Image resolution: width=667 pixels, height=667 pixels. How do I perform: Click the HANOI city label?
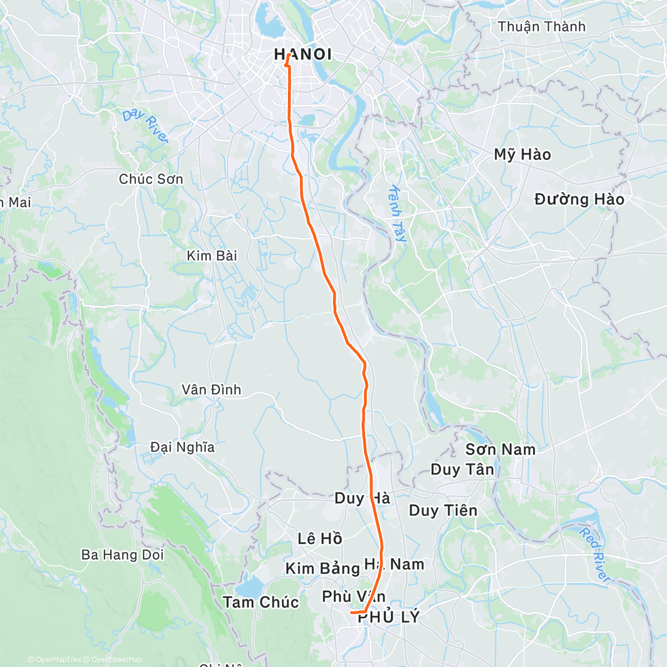pyautogui.click(x=303, y=54)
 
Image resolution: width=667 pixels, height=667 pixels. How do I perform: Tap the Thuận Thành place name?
pyautogui.click(x=541, y=27)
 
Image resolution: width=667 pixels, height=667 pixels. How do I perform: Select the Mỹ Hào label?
pyautogui.click(x=522, y=155)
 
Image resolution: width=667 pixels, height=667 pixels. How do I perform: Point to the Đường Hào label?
pyautogui.click(x=579, y=200)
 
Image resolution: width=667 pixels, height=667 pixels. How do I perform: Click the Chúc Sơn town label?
pyautogui.click(x=151, y=179)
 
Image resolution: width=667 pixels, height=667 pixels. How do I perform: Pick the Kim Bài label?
pyautogui.click(x=212, y=256)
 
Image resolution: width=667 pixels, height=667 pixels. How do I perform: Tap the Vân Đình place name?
pyautogui.click(x=211, y=390)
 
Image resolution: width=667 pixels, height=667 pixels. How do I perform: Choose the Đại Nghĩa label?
pyautogui.click(x=182, y=447)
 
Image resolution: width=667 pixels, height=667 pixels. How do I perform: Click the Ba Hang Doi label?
pyautogui.click(x=122, y=555)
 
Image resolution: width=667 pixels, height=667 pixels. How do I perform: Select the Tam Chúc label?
pyautogui.click(x=261, y=602)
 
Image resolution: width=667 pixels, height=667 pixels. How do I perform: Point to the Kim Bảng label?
pyautogui.click(x=322, y=568)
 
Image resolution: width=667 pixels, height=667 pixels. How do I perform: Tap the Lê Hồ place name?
pyautogui.click(x=320, y=539)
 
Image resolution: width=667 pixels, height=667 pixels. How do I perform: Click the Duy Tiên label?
pyautogui.click(x=443, y=510)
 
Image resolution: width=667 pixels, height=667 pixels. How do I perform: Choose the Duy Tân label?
pyautogui.click(x=462, y=470)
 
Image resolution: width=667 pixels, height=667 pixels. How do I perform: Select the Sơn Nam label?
pyautogui.click(x=500, y=449)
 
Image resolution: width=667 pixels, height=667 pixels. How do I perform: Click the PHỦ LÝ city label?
pyautogui.click(x=389, y=617)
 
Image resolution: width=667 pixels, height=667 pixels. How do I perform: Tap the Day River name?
pyautogui.click(x=145, y=126)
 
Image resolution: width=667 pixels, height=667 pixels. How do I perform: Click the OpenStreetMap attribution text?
pyautogui.click(x=116, y=660)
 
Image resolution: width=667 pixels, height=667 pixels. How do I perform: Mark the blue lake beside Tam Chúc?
pyautogui.click(x=249, y=587)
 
